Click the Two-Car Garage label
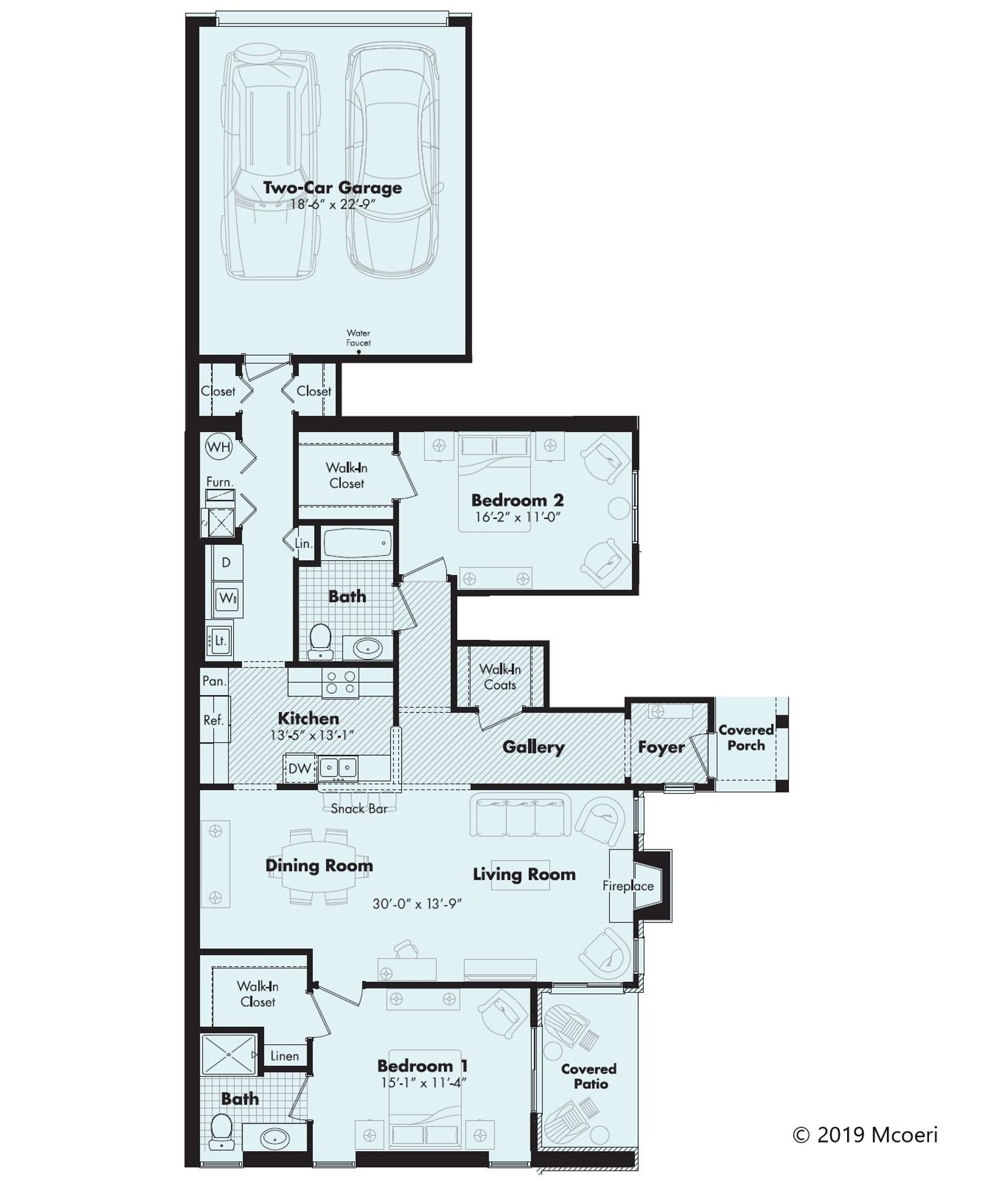[x=332, y=188]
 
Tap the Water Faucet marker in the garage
[x=359, y=351]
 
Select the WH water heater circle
[x=218, y=447]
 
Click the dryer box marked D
[x=226, y=562]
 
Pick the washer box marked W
[x=227, y=598]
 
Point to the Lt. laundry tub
[x=220, y=640]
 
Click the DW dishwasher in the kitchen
[x=299, y=768]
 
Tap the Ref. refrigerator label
[x=213, y=720]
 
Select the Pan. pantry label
[x=214, y=681]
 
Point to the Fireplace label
[x=628, y=886]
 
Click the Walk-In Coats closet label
[x=500, y=677]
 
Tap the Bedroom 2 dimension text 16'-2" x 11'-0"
[x=517, y=517]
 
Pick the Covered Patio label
[x=589, y=1076]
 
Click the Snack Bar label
[x=359, y=809]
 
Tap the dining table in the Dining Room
[x=319, y=866]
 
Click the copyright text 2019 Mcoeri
[x=866, y=1135]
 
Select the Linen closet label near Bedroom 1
[x=284, y=1056]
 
